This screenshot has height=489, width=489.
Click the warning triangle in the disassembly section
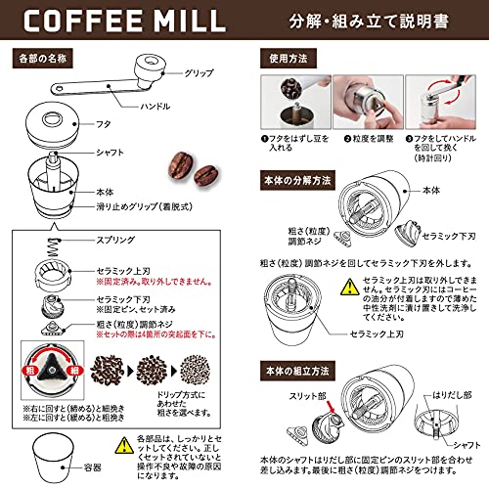[x=350, y=289]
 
